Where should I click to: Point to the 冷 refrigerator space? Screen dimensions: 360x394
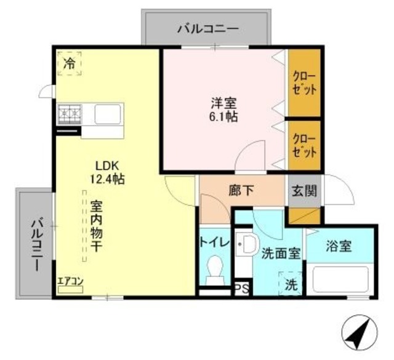click(x=70, y=63)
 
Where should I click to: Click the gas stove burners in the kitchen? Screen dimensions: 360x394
click(x=70, y=114)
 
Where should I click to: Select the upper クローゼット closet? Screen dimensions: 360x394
click(x=305, y=83)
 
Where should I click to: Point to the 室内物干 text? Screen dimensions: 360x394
click(x=97, y=226)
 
